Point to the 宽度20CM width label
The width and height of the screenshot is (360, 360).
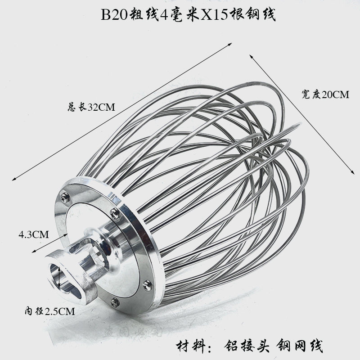click(x=326, y=94)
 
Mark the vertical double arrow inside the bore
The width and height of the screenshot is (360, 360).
click(x=60, y=276)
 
